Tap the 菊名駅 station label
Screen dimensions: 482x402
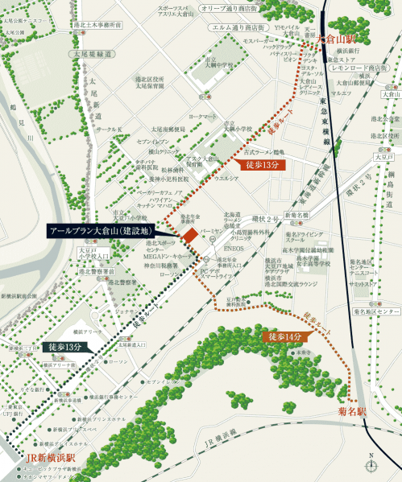352,412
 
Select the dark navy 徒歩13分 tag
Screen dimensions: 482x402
64,347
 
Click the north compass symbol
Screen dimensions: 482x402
372,464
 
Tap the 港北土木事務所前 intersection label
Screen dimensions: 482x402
97,25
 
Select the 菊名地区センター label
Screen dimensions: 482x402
376,310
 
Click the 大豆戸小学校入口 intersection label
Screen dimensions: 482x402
93,254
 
